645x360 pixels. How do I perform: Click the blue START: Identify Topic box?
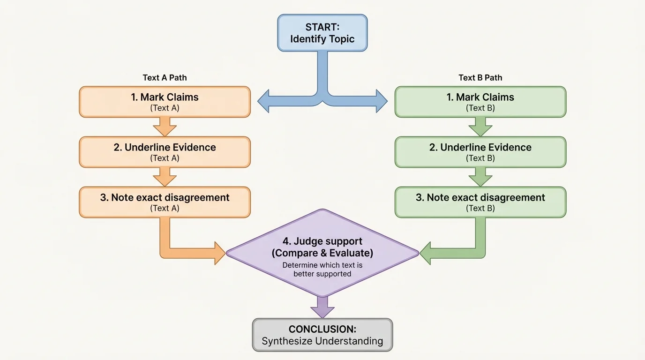tap(322, 32)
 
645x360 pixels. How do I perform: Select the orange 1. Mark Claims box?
tap(165, 102)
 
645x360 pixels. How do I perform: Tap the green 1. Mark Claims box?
tap(480, 102)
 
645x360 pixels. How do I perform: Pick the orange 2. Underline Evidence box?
tap(165, 152)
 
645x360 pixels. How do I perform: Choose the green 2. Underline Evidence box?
tap(480, 152)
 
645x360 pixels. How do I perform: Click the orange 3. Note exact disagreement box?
tap(165, 202)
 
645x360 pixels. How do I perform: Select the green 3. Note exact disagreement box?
tap(480, 202)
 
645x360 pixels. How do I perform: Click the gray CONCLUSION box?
tap(322, 335)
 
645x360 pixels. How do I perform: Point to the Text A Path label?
tap(165, 78)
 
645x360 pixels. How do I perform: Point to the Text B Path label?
tap(480, 78)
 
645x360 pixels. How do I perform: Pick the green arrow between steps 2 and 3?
tap(480, 177)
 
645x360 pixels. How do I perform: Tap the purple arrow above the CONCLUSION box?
tap(322, 307)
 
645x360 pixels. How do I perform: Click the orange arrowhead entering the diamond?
tap(219, 253)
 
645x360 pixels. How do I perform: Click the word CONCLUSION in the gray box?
tap(322, 329)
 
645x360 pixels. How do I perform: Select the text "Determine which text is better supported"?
tap(322, 270)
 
